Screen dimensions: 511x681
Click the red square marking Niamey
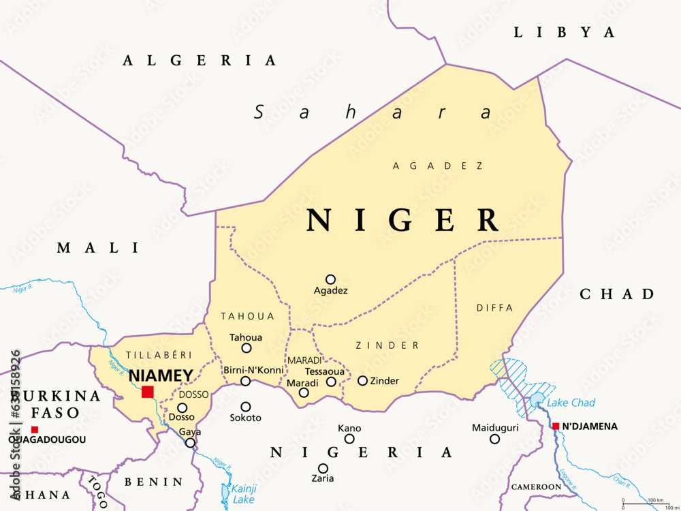coord(147,392)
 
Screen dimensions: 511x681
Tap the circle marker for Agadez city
coord(330,279)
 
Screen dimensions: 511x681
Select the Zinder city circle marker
coord(362,381)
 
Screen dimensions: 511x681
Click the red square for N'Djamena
coord(556,427)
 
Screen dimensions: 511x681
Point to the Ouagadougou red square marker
coord(35,429)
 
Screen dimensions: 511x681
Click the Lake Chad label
coord(571,403)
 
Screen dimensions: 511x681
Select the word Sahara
coord(373,112)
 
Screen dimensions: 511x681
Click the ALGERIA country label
coord(200,61)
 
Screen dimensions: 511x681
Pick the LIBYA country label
coord(564,32)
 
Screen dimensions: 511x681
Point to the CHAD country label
coord(617,294)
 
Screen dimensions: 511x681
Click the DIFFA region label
coord(495,308)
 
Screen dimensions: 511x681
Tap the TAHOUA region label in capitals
coord(248,316)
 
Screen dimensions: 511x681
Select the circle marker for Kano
coord(349,439)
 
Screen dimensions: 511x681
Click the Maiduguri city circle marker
coord(494,439)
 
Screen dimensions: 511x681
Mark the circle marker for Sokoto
coord(246,407)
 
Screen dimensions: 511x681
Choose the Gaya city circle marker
coord(190,443)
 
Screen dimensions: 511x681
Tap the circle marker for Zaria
coord(323,468)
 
